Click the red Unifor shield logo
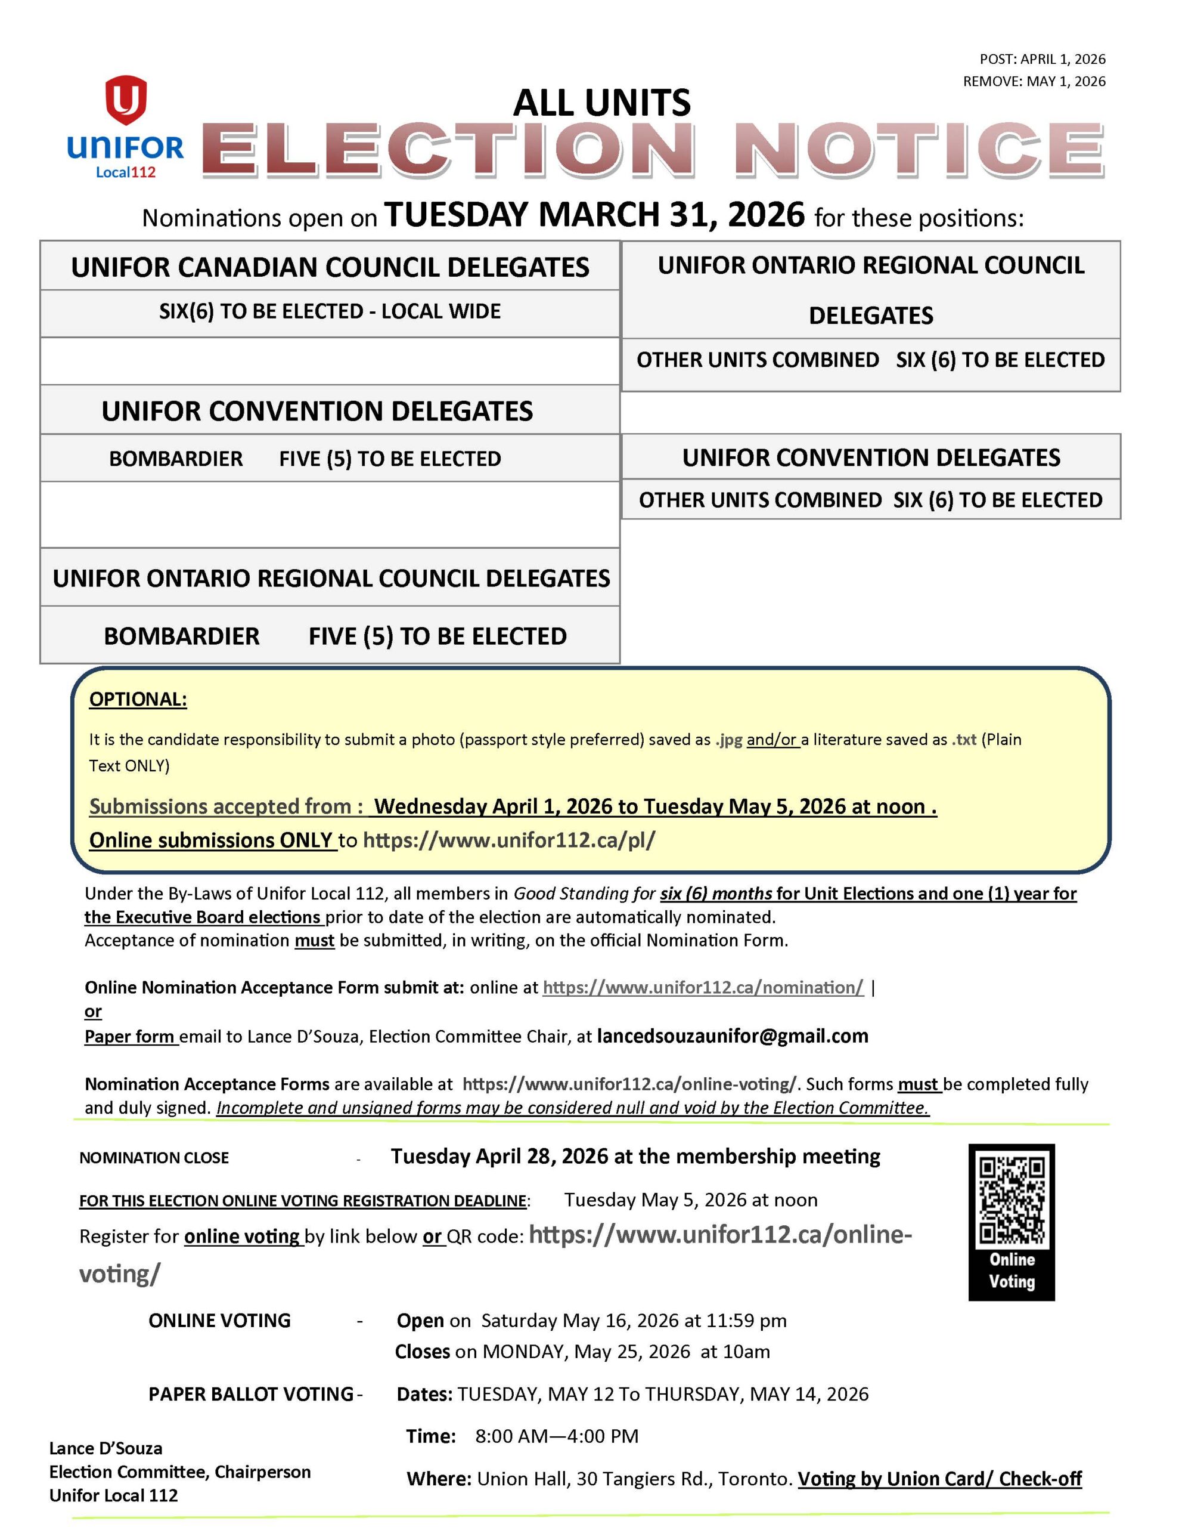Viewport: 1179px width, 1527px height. pos(126,99)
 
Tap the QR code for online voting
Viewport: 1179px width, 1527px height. pos(1012,1201)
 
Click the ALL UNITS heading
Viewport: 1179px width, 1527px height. pos(602,103)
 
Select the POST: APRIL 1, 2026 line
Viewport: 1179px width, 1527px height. pos(1042,58)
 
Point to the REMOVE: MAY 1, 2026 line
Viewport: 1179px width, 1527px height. pos(1034,81)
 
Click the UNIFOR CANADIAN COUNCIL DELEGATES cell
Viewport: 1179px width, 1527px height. pos(330,267)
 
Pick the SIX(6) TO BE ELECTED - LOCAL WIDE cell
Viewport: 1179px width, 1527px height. pos(330,311)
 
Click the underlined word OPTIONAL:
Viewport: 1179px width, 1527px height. pos(138,699)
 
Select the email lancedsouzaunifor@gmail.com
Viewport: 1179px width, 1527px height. pos(732,1035)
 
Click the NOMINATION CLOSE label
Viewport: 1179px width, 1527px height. pos(154,1158)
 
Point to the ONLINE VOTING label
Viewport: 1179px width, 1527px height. pos(219,1320)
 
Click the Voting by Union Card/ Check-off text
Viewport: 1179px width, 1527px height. pos(939,1479)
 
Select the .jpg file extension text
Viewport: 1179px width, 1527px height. pos(729,740)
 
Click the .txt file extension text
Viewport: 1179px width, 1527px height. pos(964,740)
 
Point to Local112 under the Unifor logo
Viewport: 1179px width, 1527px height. pos(126,172)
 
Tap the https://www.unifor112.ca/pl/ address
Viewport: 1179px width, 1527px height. pos(509,840)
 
